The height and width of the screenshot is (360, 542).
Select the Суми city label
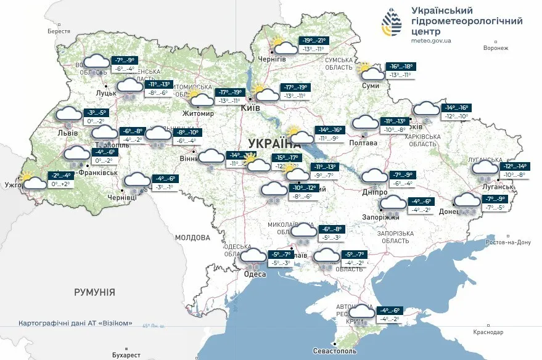(x=371, y=86)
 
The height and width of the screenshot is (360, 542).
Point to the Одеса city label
(x=255, y=275)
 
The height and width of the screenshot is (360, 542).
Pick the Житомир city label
(x=197, y=113)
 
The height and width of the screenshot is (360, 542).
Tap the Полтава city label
(x=363, y=142)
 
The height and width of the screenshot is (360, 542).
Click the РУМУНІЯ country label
(x=94, y=292)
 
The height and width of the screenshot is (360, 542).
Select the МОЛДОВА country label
(x=192, y=237)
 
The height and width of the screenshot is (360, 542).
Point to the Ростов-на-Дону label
(x=508, y=242)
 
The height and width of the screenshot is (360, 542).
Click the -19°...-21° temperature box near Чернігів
(x=314, y=41)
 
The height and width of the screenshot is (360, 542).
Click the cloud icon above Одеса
(x=253, y=255)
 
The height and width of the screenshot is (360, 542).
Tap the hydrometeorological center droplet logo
(x=392, y=23)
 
